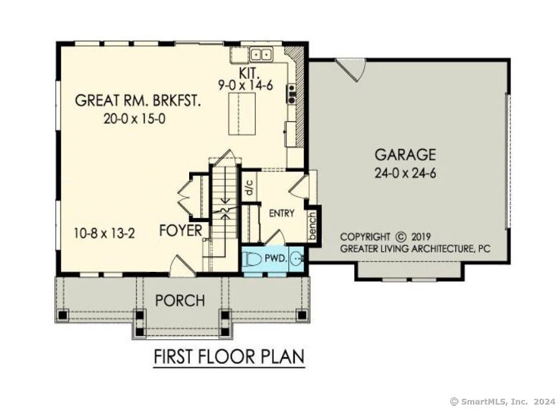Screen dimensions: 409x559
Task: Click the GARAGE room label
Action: (405, 155)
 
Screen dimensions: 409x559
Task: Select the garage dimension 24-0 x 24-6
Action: (405, 173)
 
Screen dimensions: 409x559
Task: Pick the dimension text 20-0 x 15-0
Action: (135, 118)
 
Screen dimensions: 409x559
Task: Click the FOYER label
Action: (182, 231)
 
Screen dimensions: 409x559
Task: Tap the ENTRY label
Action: (281, 214)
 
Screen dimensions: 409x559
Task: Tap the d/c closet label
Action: (248, 188)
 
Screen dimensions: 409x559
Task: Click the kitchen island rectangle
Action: (242, 114)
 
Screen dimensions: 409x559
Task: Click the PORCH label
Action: (179, 301)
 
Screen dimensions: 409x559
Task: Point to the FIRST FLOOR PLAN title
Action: (229, 357)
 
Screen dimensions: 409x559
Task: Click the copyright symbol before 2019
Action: (400, 237)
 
